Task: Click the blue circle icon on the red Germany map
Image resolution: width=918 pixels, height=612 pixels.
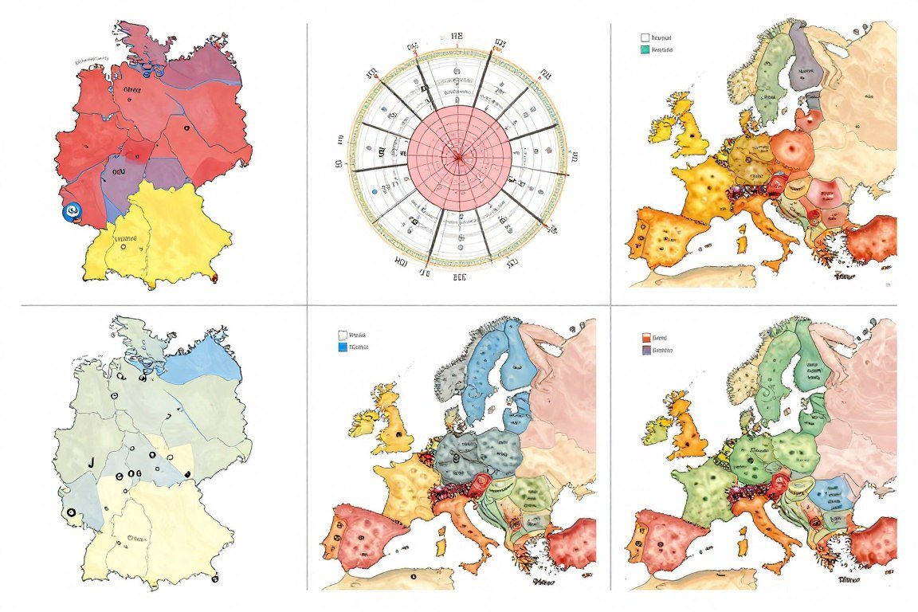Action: point(73,210)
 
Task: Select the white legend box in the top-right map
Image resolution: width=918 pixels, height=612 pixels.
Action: point(644,37)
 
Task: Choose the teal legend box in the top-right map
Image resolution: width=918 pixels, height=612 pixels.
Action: point(644,49)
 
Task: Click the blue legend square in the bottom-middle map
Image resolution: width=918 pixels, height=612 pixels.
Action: point(343,348)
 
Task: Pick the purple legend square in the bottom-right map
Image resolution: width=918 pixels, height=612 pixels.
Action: point(645,350)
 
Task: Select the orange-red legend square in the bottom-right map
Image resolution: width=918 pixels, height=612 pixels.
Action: point(645,337)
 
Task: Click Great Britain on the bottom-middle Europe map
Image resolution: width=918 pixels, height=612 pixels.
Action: point(394,430)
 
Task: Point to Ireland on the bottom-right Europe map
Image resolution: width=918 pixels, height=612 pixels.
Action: point(657,430)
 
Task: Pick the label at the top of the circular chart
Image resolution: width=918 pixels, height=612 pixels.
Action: point(457,36)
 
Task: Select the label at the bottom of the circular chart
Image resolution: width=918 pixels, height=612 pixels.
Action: point(459,278)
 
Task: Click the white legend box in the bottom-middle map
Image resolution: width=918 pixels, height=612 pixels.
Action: point(343,335)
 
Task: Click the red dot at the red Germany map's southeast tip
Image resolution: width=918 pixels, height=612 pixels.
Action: point(215,278)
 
